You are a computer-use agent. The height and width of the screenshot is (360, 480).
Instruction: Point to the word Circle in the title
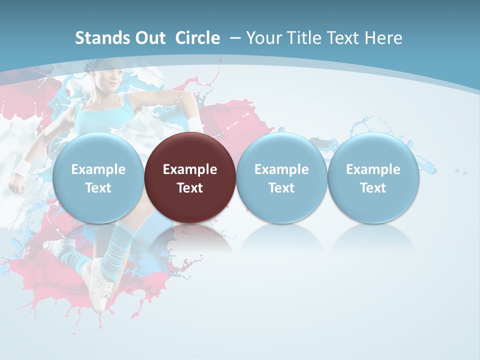click(x=197, y=38)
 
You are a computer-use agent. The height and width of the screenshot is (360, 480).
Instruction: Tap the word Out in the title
click(x=149, y=38)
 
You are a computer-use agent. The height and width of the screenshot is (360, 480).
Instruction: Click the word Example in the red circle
click(x=190, y=169)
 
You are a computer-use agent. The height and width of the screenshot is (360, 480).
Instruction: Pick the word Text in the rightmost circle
click(x=373, y=188)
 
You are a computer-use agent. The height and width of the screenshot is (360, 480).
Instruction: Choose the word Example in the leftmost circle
click(x=98, y=169)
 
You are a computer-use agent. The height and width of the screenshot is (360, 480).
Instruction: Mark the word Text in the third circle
click(x=281, y=188)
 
